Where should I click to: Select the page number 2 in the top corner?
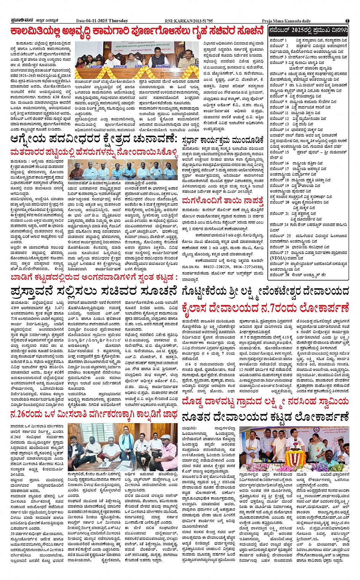(x=347, y=21)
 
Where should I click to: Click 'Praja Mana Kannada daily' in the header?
(x=286, y=21)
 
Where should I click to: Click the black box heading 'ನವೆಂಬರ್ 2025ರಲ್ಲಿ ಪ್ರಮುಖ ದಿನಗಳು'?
(x=308, y=30)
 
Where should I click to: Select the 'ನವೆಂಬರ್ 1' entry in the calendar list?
(x=278, y=40)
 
